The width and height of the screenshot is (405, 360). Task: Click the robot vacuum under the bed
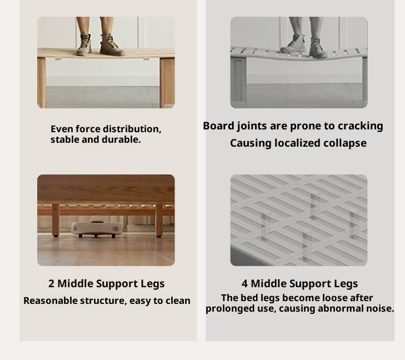pos(97,228)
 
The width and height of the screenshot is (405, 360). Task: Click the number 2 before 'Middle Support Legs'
pos(51,283)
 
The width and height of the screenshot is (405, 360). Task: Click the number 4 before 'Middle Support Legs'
pos(244,283)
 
